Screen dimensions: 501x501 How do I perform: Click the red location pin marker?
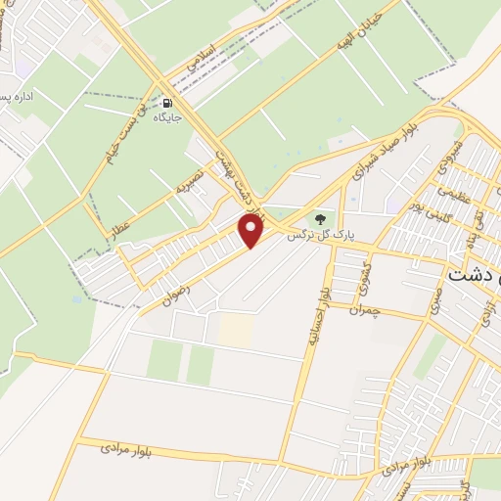252,231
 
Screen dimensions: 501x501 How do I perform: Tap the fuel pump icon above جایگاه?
168,103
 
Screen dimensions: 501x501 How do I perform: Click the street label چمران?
364,310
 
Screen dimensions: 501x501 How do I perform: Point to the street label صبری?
436,304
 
